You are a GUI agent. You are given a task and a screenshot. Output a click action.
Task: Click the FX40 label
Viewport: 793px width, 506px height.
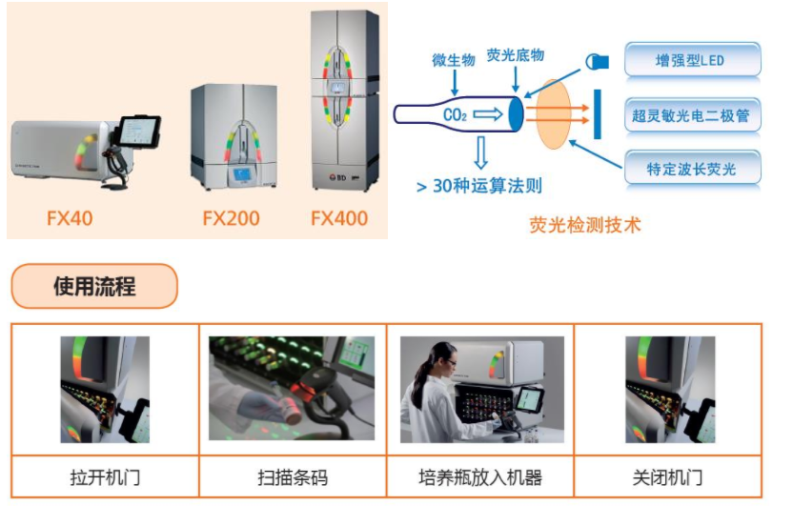[x=71, y=218]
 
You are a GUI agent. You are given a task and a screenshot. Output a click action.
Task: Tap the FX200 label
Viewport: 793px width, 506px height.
[x=231, y=218]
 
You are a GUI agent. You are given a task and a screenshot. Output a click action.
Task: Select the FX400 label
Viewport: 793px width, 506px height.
[x=339, y=218]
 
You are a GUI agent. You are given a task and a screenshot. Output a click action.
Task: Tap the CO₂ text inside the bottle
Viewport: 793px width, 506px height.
[x=455, y=115]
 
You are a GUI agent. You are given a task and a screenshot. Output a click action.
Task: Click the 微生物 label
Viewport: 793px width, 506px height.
[x=453, y=60]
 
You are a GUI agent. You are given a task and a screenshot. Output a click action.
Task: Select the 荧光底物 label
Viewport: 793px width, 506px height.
[x=516, y=55]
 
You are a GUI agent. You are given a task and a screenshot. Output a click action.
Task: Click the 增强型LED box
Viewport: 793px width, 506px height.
[x=692, y=60]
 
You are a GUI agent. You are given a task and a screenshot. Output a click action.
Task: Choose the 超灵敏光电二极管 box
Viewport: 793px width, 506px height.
[x=692, y=115]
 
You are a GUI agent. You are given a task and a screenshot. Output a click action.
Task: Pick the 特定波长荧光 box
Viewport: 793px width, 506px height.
[x=692, y=170]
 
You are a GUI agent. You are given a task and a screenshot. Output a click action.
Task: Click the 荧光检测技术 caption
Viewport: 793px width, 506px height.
[x=585, y=225]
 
